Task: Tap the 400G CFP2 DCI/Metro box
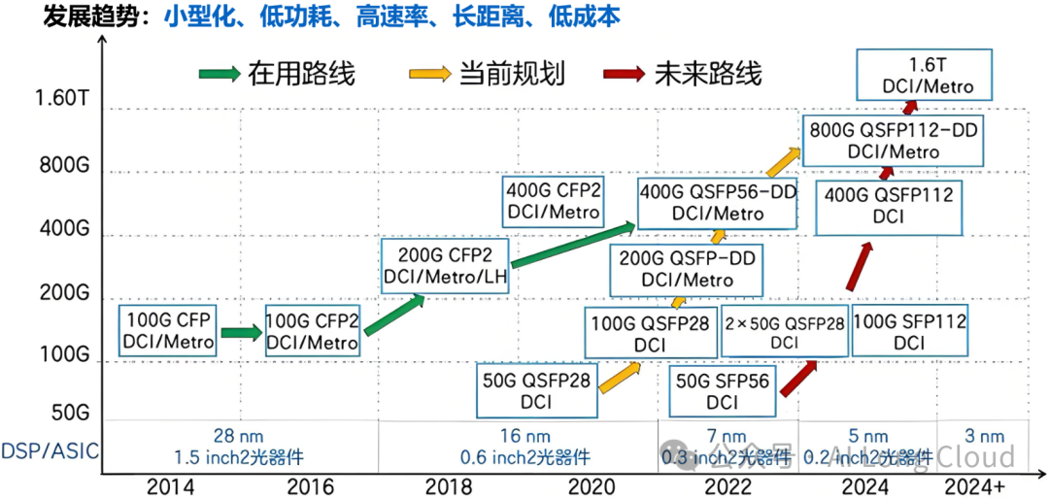552,200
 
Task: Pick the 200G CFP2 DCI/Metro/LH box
445,269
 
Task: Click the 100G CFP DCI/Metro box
167,330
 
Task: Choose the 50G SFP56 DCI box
722,391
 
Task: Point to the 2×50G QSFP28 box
784,332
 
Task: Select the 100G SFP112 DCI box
909,332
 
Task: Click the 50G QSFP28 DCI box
536,391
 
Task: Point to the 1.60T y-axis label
60,99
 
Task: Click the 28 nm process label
238,437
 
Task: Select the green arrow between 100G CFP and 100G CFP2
241,332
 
